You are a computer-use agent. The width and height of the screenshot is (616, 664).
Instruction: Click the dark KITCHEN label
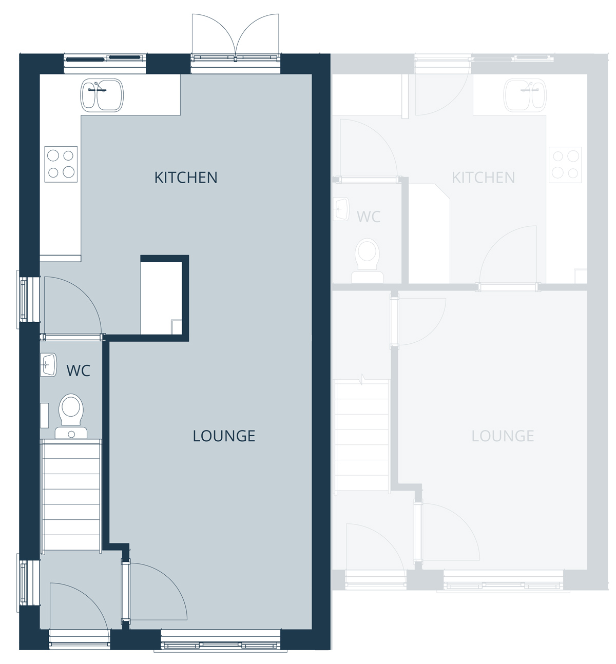[x=186, y=178]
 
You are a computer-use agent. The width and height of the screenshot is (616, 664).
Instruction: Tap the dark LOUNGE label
[x=224, y=436]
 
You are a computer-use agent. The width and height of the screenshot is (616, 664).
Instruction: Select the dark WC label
[x=79, y=371]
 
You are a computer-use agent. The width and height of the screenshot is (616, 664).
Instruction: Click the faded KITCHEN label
[x=483, y=178]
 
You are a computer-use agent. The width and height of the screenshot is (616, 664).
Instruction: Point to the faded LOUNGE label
[x=503, y=436]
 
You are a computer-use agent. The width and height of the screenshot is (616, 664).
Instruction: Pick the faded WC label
[x=369, y=217]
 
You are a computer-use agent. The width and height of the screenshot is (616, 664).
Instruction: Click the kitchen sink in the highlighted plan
[x=102, y=95]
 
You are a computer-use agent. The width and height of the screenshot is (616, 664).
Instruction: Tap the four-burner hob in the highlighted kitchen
[x=61, y=164]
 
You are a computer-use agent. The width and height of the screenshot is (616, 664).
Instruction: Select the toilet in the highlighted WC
[x=71, y=416]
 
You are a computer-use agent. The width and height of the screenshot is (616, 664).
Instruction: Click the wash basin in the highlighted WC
[x=48, y=365]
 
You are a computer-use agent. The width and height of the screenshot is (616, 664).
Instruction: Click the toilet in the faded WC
[x=367, y=261]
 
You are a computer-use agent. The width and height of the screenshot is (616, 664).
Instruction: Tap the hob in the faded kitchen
[x=565, y=165]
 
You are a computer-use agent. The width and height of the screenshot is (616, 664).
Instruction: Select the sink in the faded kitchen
[x=525, y=95]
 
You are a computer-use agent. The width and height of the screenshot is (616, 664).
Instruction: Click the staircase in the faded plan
[x=362, y=435]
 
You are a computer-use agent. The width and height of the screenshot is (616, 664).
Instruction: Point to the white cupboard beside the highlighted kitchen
[x=161, y=298]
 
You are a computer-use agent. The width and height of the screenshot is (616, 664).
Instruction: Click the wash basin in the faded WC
[x=341, y=209]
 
